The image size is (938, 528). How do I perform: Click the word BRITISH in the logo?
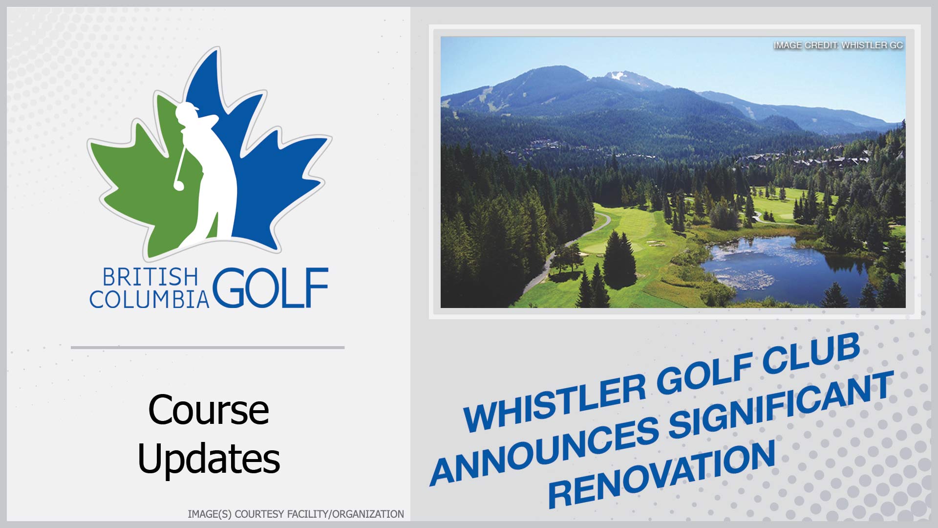coord(150,277)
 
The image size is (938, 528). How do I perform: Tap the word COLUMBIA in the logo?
coord(149,299)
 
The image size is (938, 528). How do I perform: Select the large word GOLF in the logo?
coord(270,288)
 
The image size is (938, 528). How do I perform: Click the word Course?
coord(209,410)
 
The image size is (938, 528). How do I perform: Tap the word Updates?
coord(209,458)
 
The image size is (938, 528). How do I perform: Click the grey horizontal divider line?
coord(208,348)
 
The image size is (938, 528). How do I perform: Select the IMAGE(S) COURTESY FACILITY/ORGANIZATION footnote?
coord(296,514)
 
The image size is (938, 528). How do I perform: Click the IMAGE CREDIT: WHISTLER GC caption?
coord(838,45)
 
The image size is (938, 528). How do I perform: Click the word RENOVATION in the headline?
coord(662,474)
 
